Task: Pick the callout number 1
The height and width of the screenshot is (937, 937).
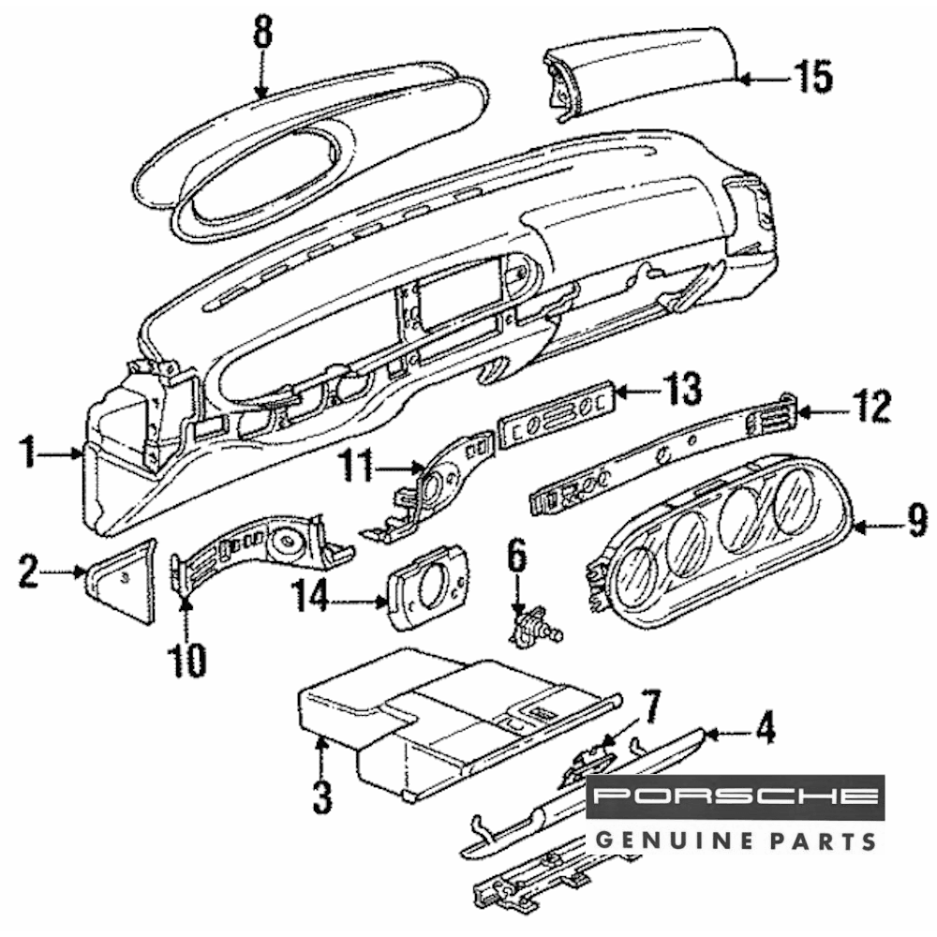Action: (30, 455)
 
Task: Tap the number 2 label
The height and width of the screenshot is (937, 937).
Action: (28, 572)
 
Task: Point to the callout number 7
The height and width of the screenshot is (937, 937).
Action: (650, 705)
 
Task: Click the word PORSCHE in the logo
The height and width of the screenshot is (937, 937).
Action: (736, 797)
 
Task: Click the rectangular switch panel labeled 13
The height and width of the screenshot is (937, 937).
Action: (557, 413)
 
